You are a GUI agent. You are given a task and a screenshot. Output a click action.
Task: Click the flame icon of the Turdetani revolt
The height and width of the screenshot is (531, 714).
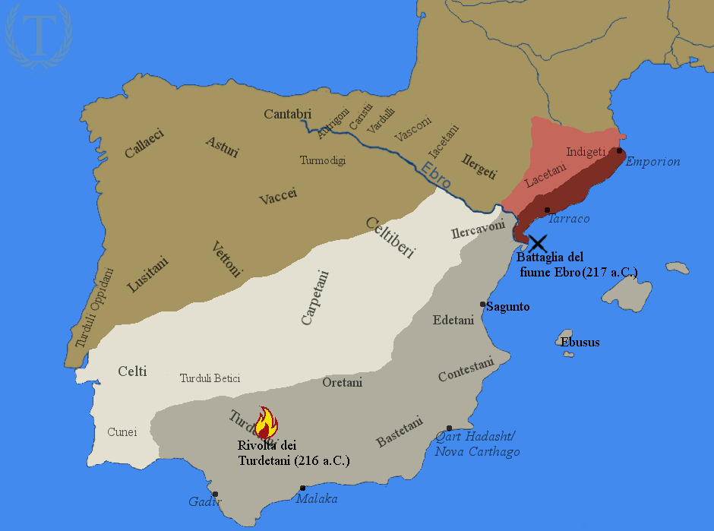[265, 422]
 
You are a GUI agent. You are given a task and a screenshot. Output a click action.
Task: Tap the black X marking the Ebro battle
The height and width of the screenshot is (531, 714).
[538, 244]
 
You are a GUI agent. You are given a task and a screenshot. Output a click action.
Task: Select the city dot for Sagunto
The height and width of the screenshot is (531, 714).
[483, 305]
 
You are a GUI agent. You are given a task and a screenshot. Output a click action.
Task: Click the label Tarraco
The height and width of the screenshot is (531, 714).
[568, 219]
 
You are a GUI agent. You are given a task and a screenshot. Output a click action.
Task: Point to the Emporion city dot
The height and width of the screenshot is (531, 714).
[620, 150]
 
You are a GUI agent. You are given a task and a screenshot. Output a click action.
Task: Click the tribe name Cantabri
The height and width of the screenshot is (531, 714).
[288, 114]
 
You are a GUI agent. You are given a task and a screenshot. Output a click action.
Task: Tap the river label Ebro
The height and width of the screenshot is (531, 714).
[436, 175]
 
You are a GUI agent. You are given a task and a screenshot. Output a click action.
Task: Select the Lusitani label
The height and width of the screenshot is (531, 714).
[148, 274]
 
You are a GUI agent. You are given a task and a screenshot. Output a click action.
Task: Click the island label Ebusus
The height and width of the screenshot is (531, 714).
[580, 342]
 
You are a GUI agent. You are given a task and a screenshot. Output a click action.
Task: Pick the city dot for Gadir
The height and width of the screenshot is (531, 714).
[216, 494]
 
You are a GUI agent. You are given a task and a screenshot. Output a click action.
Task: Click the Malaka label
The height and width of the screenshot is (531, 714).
[317, 499]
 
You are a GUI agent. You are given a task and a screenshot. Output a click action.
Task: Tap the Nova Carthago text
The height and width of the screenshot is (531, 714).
[477, 452]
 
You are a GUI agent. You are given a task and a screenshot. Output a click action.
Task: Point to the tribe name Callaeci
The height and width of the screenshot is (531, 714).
[144, 143]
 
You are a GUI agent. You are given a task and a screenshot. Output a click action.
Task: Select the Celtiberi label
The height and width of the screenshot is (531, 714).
[390, 238]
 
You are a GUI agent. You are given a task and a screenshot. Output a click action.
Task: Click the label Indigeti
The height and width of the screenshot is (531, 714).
[586, 152]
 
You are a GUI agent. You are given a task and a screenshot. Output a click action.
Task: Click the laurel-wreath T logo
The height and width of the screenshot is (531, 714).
[37, 36]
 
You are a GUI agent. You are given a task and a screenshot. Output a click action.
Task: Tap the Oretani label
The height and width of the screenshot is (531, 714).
[343, 382]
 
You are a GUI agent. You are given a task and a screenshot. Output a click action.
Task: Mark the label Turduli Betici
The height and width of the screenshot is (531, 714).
[210, 378]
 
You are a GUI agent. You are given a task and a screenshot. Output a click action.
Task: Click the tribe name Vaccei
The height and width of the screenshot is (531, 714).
[278, 196]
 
